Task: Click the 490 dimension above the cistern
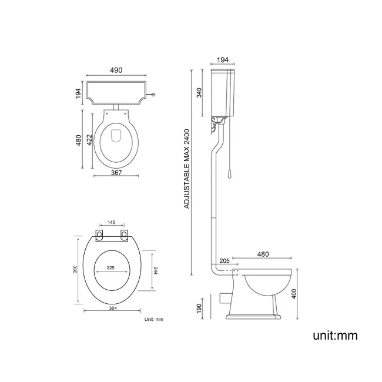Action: click(x=116, y=70)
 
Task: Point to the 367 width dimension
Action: click(x=116, y=172)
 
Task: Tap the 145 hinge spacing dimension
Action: click(x=111, y=223)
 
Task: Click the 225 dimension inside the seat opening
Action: click(x=110, y=268)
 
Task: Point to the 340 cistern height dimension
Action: click(x=199, y=93)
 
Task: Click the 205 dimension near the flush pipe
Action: click(x=224, y=260)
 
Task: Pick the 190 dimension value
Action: click(x=199, y=307)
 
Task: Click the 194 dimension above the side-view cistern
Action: click(x=223, y=61)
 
